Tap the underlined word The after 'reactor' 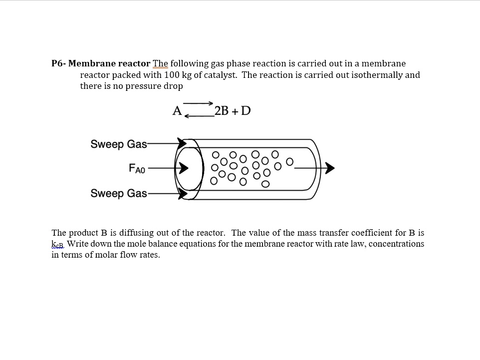tap(160, 63)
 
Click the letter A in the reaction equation tap(177, 111)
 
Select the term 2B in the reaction tap(221, 111)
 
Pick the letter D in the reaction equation tap(245, 111)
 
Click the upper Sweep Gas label tap(119, 144)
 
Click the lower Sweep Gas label tap(119, 193)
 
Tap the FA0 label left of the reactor tap(137, 169)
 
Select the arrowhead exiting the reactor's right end tap(330, 169)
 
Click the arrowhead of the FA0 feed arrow tap(184, 169)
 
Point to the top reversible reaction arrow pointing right tap(199, 103)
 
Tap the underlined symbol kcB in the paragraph tap(58, 244)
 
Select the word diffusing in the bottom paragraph tap(126, 233)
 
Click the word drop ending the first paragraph tap(174, 86)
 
